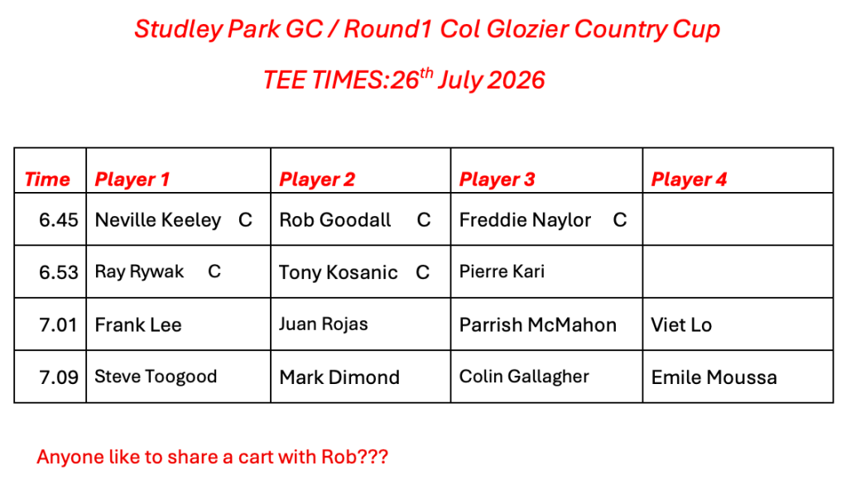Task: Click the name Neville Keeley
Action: (158, 220)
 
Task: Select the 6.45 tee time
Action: (58, 220)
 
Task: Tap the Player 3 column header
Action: (497, 180)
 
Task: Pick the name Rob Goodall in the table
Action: (335, 220)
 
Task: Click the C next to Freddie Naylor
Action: (620, 220)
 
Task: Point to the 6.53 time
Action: (58, 272)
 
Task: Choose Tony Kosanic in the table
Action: (339, 272)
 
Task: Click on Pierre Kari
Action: (502, 271)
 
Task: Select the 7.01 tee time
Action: (58, 325)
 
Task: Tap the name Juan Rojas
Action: (323, 324)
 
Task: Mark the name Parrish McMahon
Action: (538, 325)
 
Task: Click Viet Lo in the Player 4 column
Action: (681, 325)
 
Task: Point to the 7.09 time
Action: (58, 377)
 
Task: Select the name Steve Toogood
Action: (156, 377)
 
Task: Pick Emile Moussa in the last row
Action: (714, 377)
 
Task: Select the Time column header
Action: (47, 180)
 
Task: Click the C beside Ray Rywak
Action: (214, 271)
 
